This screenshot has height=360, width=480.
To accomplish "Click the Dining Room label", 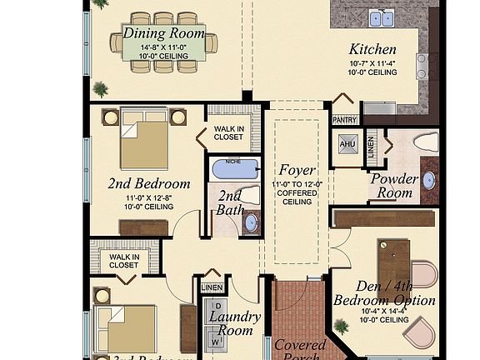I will tap(164, 33).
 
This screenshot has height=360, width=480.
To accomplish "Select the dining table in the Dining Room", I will tap(163, 42).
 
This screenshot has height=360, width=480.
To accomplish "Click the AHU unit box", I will tap(347, 143).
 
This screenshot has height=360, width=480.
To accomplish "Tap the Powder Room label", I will tap(393, 185).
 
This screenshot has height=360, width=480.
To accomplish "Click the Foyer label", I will tap(297, 171).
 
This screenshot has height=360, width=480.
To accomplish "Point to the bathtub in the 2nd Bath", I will tap(237, 171).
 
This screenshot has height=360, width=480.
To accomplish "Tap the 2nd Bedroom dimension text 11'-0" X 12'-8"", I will tap(148, 197).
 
